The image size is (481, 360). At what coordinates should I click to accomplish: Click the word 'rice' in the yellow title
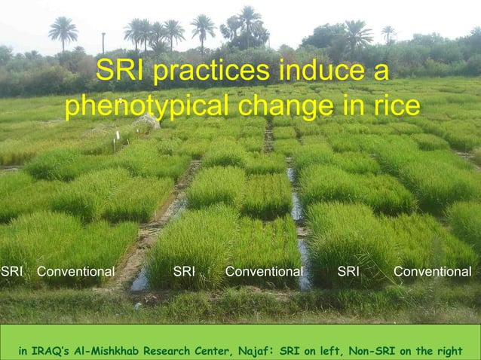[x=393, y=106]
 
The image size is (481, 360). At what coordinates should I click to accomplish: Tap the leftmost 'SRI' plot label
[x=11, y=271]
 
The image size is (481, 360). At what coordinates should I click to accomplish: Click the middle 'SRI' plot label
[x=184, y=271]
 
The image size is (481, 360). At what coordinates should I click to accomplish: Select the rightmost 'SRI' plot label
[x=348, y=271]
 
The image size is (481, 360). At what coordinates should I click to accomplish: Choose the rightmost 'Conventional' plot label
[x=432, y=271]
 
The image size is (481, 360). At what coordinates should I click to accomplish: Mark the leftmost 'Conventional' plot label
[x=76, y=271]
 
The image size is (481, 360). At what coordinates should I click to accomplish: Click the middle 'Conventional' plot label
[x=265, y=271]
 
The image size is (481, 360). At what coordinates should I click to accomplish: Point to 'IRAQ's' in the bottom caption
[x=53, y=351]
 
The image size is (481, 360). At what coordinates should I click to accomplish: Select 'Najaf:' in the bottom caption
[x=253, y=351]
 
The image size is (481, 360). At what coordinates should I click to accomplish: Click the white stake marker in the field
[x=117, y=139]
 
